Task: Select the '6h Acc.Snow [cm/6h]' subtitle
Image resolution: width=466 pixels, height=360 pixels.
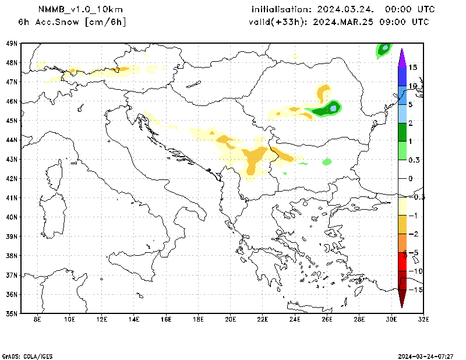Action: coord(72,22)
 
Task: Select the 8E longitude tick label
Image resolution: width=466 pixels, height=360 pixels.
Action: coord(38,320)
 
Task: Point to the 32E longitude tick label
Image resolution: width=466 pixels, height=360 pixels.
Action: coord(423,320)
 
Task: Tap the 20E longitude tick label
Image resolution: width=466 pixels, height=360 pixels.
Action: coord(231,320)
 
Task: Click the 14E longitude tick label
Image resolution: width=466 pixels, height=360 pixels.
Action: coord(134,320)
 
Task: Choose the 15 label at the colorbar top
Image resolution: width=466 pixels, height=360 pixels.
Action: coord(412,68)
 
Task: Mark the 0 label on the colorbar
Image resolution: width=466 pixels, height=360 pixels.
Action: coord(410,178)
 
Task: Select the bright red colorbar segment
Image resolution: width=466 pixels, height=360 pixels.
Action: coord(402,262)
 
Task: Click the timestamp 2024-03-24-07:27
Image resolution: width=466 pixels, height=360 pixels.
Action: coord(425,355)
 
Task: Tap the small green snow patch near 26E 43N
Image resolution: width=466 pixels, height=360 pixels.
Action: coord(327,161)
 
